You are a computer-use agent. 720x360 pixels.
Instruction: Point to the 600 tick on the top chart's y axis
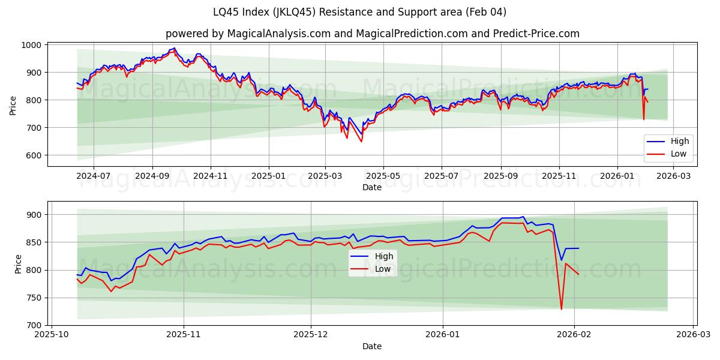34,155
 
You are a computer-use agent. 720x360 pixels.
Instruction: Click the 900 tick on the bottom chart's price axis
34,215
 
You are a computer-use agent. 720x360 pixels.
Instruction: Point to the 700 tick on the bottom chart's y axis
34,325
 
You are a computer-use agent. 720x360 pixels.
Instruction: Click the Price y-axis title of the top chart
13,105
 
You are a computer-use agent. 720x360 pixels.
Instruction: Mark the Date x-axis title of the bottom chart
372,346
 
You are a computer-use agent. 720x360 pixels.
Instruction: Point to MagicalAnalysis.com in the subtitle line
278,34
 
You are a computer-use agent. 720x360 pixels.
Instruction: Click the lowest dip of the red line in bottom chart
562,310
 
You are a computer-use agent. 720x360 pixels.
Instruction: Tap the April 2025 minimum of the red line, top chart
361,142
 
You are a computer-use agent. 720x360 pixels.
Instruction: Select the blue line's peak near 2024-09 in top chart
174,48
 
